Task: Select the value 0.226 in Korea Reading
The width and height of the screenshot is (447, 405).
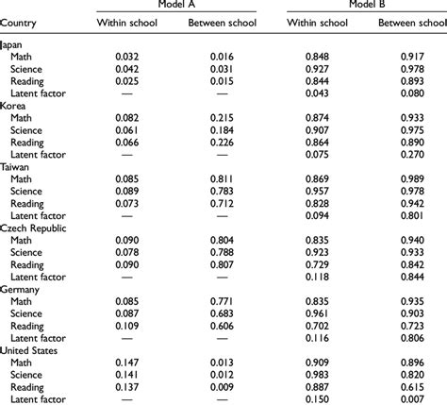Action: coord(222,142)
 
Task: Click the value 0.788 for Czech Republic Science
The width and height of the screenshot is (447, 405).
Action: coord(222,252)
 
